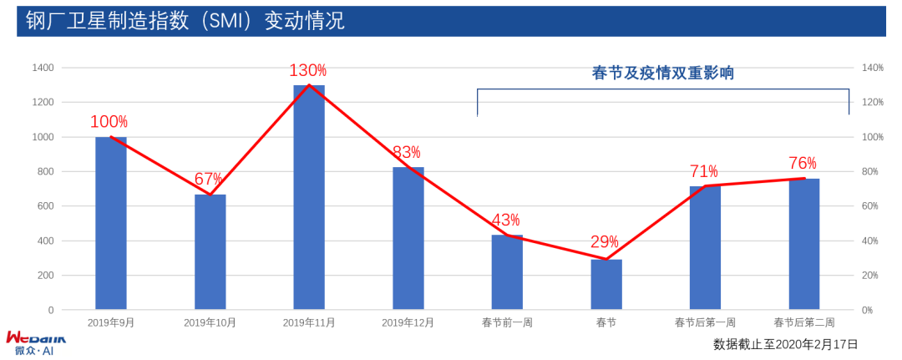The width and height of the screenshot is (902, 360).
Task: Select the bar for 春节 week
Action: tap(606, 284)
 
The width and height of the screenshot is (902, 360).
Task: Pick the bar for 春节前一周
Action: tap(507, 272)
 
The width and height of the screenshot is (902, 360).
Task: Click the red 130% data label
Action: tap(307, 71)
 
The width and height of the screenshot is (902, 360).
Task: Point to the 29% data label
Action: tap(605, 242)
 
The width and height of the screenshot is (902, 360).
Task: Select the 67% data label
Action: tap(209, 179)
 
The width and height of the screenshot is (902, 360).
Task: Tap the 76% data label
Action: tap(803, 163)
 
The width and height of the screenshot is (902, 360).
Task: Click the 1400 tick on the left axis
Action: tap(42, 68)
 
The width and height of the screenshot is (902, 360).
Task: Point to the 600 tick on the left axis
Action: tap(44, 206)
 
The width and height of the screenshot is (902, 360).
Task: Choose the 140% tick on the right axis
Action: tap(872, 68)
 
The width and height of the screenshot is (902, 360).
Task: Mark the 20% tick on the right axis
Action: tap(869, 276)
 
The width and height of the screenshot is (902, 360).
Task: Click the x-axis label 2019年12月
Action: tap(408, 322)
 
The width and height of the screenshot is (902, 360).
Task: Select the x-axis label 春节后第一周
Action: tap(706, 322)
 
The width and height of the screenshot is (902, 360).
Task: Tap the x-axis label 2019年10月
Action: tap(210, 322)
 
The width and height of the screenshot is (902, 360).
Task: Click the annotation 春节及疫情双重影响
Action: tap(662, 74)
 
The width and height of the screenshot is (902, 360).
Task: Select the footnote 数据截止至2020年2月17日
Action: tap(785, 343)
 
